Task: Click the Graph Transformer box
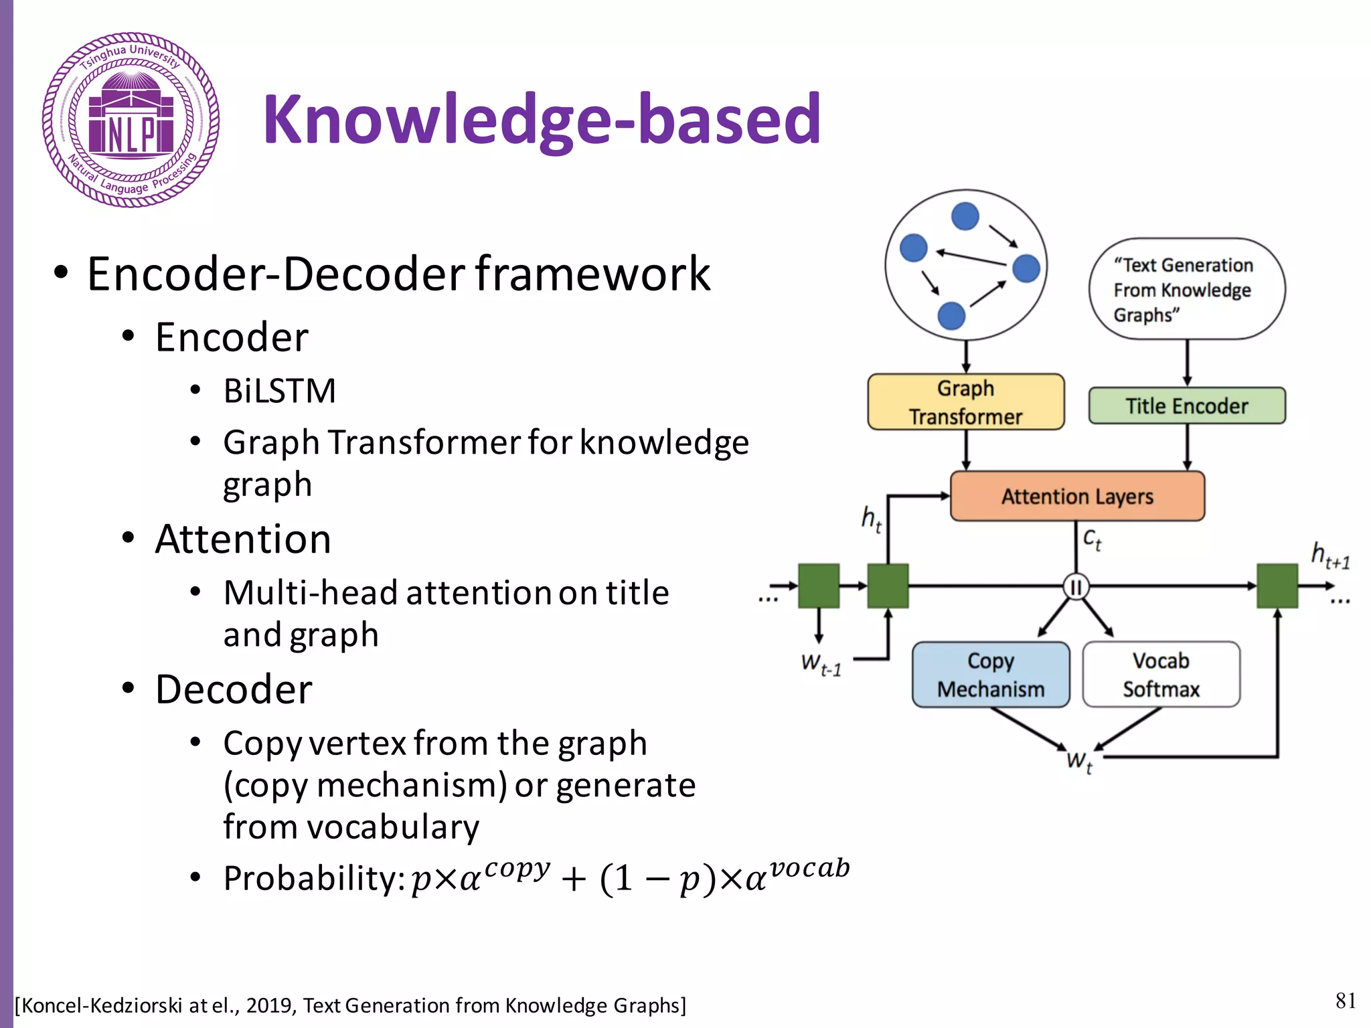click(x=965, y=402)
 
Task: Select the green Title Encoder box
click(x=1186, y=406)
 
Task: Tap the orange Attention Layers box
click(x=1076, y=496)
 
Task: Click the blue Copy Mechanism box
click(x=990, y=675)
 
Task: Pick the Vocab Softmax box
click(x=1161, y=675)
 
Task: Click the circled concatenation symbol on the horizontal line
click(x=1076, y=587)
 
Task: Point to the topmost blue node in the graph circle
click(x=965, y=216)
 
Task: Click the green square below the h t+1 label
click(x=1277, y=586)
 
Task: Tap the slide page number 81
click(x=1345, y=1001)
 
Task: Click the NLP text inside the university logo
click(x=131, y=136)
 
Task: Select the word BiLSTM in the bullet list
click(x=279, y=391)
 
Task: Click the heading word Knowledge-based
click(x=542, y=119)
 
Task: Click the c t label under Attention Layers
click(x=1092, y=539)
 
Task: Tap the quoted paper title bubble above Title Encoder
click(x=1186, y=290)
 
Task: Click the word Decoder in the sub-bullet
click(x=234, y=689)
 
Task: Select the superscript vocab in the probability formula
click(x=809, y=868)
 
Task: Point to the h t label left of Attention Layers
click(x=871, y=519)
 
